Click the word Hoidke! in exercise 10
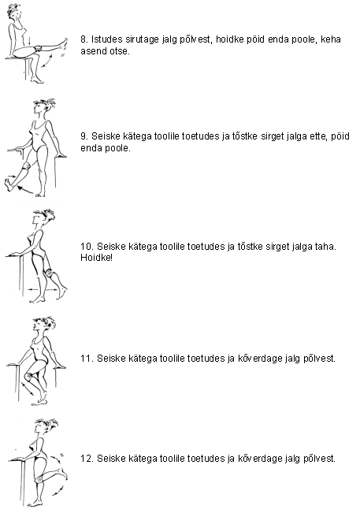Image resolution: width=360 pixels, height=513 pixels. pyautogui.click(x=96, y=258)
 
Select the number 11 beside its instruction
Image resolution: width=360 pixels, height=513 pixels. pyautogui.click(x=87, y=359)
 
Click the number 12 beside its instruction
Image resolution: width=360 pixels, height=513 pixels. pyautogui.click(x=87, y=459)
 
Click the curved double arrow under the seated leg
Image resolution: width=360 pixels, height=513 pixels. pyautogui.click(x=46, y=61)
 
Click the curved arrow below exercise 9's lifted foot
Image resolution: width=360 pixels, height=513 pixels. pyautogui.click(x=25, y=190)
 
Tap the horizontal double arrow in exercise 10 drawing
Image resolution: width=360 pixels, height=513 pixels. pyautogui.click(x=43, y=289)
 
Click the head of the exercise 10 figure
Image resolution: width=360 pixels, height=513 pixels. pyautogui.click(x=42, y=217)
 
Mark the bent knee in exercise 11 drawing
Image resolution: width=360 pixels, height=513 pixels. pyautogui.click(x=29, y=376)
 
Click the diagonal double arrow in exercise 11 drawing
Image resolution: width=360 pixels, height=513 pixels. pyautogui.click(x=28, y=388)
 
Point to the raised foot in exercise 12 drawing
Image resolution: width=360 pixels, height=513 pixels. pyautogui.click(x=64, y=474)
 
